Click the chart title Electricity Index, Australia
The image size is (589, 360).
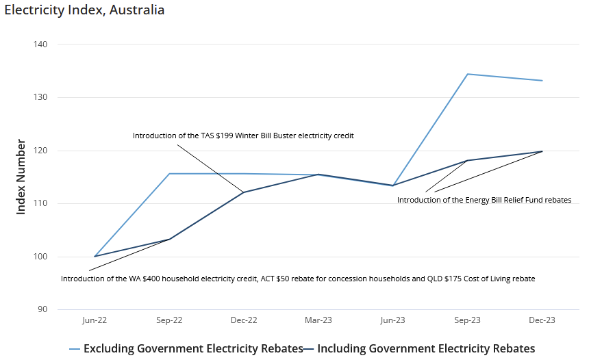(x=84, y=10)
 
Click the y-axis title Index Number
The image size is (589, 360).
(x=21, y=177)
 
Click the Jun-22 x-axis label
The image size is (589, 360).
(x=95, y=320)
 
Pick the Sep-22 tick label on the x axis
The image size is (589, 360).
(x=169, y=320)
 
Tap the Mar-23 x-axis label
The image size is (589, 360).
(x=318, y=320)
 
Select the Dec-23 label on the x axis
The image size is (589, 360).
(x=542, y=320)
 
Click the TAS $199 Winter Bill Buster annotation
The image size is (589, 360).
(x=243, y=136)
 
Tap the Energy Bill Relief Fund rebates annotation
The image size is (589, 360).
(x=484, y=200)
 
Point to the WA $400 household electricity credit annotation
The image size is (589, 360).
(x=298, y=279)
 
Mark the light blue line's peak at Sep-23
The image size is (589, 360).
(x=467, y=74)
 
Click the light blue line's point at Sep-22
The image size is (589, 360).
(x=169, y=174)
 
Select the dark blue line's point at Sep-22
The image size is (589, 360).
(x=169, y=240)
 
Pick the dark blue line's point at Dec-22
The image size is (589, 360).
(x=244, y=192)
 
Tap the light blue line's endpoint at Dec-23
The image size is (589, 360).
(x=542, y=81)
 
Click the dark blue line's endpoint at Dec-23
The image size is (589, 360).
(x=542, y=151)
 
